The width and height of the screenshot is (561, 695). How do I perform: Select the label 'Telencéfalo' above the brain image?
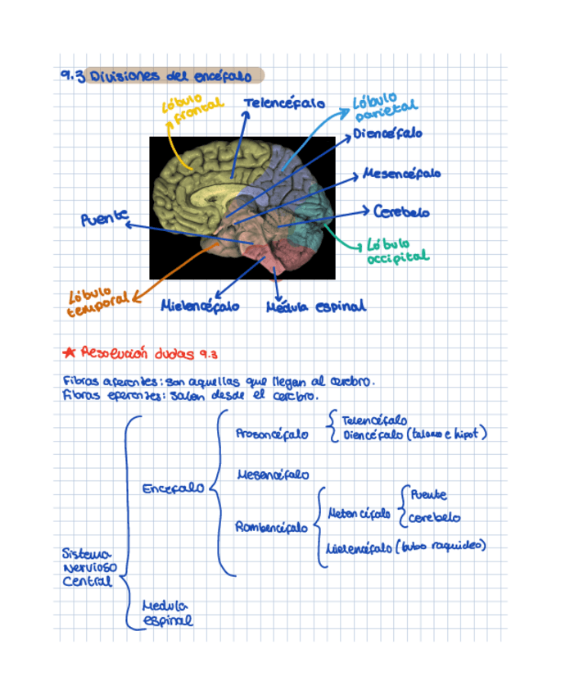click(x=283, y=104)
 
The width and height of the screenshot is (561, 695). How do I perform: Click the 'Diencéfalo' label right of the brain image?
click(x=388, y=133)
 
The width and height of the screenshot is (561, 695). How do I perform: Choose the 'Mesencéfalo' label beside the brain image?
click(x=401, y=174)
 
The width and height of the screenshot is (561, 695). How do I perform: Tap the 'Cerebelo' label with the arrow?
click(x=401, y=211)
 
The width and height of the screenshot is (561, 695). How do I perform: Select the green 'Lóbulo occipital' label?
click(x=396, y=251)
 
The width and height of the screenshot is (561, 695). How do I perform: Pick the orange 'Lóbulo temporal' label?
click(x=97, y=302)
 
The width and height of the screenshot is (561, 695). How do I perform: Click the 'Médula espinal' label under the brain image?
click(x=316, y=307)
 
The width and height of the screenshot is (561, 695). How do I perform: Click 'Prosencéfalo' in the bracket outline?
click(x=272, y=434)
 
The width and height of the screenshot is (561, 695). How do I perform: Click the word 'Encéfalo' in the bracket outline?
click(x=173, y=488)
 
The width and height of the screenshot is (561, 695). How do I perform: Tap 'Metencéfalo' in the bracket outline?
click(x=359, y=515)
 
